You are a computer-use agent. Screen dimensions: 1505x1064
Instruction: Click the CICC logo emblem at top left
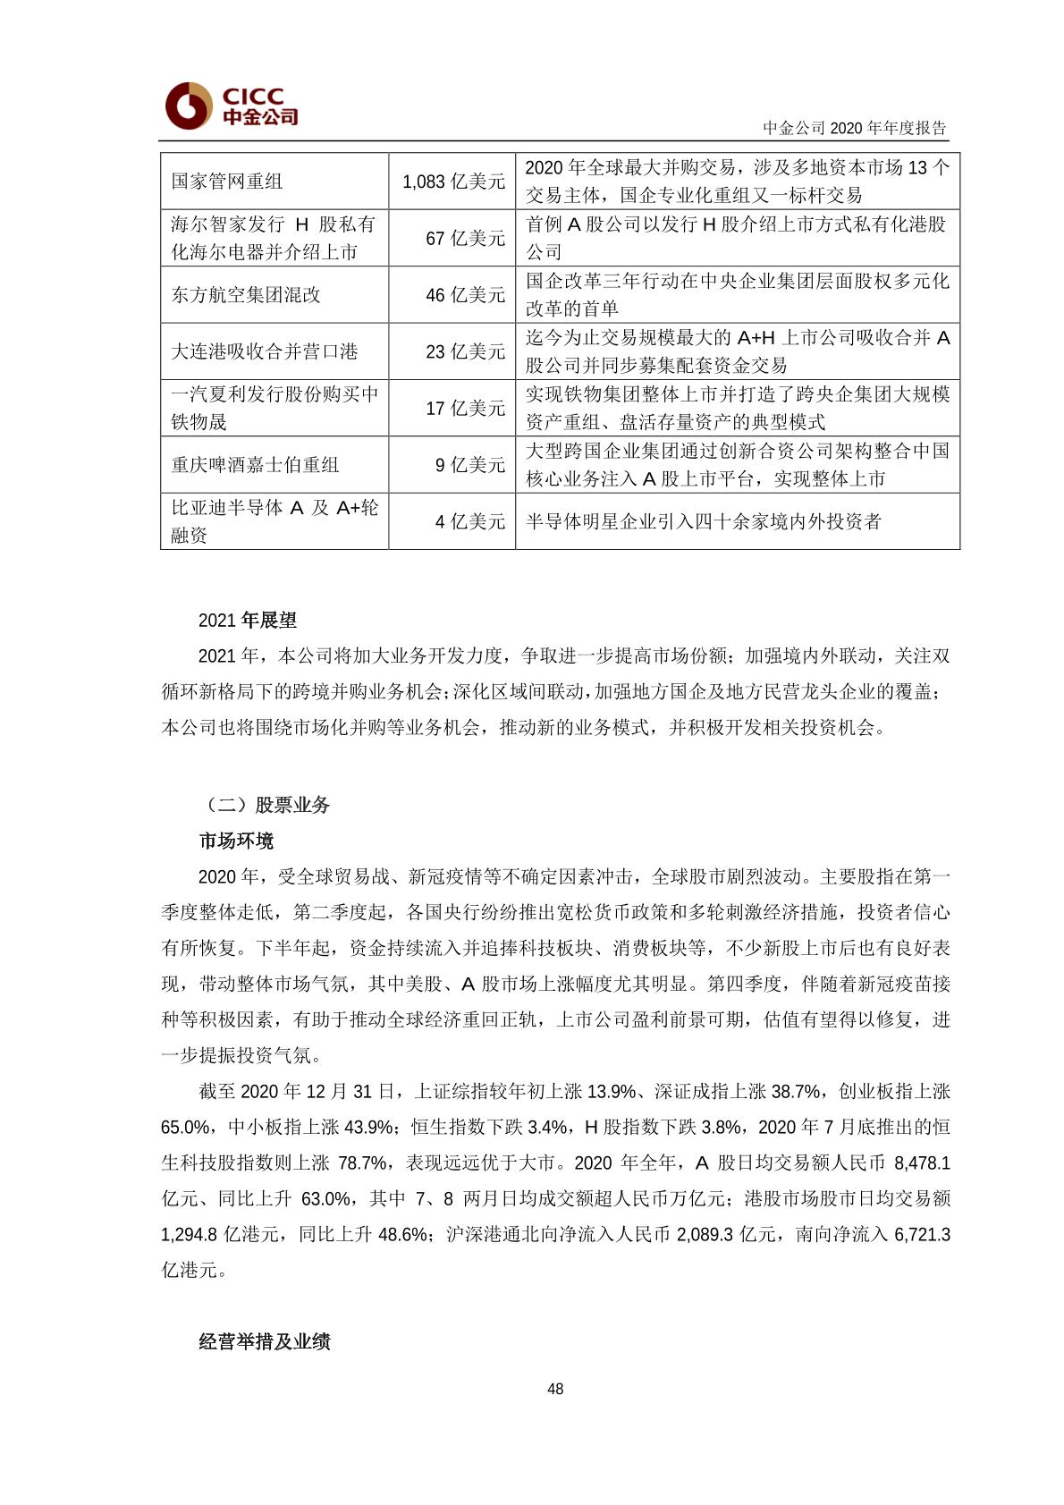[x=189, y=106]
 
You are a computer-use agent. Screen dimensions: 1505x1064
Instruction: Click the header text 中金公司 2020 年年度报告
[x=854, y=128]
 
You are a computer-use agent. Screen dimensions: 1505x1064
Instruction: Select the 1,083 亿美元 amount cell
[x=453, y=182]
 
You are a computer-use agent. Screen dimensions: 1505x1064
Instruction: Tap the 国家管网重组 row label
[x=227, y=182]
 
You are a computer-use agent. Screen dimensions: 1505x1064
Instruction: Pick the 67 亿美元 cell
[x=465, y=238]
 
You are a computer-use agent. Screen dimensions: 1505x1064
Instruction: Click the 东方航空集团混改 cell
[x=246, y=295]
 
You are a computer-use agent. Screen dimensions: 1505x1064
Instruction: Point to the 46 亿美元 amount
[x=465, y=295]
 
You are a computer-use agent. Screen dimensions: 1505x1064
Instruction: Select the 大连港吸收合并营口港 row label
[x=265, y=351]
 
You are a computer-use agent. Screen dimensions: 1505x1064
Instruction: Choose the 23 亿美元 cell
[x=465, y=351]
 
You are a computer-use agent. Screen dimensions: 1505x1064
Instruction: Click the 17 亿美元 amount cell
[x=465, y=408]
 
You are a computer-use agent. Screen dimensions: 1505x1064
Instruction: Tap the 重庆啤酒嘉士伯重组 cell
[x=256, y=465]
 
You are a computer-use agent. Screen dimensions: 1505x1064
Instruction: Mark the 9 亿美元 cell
[x=470, y=465]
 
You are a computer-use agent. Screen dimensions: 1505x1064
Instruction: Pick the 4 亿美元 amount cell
[x=470, y=521]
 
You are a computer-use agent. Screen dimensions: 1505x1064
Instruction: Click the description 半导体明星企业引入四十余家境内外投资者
[x=703, y=521]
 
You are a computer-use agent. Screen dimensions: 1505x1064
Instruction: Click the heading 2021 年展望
[x=248, y=621]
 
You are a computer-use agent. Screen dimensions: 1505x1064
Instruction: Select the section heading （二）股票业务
[x=265, y=805]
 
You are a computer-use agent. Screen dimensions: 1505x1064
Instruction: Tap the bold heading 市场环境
[x=236, y=841]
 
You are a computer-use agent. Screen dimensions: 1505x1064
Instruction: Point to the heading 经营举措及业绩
[x=265, y=1341]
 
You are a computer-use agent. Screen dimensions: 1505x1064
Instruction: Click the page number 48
[x=555, y=1389]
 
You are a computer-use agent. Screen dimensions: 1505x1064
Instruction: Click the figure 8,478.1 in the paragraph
[x=922, y=1163]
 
